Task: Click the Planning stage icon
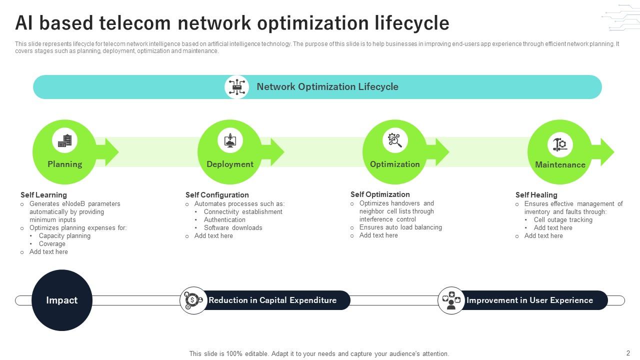point(64,141)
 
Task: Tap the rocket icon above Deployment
point(230,140)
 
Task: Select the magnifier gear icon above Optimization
point(395,140)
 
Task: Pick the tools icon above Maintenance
point(560,145)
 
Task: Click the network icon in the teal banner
point(236,87)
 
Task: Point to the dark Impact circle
point(62,300)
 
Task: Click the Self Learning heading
point(43,195)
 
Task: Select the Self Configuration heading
point(217,195)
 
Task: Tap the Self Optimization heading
point(380,194)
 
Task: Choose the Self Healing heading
point(536,195)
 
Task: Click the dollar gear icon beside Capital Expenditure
point(193,300)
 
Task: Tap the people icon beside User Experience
point(451,300)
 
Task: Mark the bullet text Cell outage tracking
point(563,220)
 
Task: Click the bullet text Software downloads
point(233,228)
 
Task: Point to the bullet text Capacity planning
point(64,236)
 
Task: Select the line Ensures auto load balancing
point(400,227)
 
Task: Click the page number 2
point(628,353)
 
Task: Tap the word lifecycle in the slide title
point(411,23)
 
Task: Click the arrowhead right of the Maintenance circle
point(606,152)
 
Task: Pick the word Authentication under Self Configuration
point(224,220)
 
